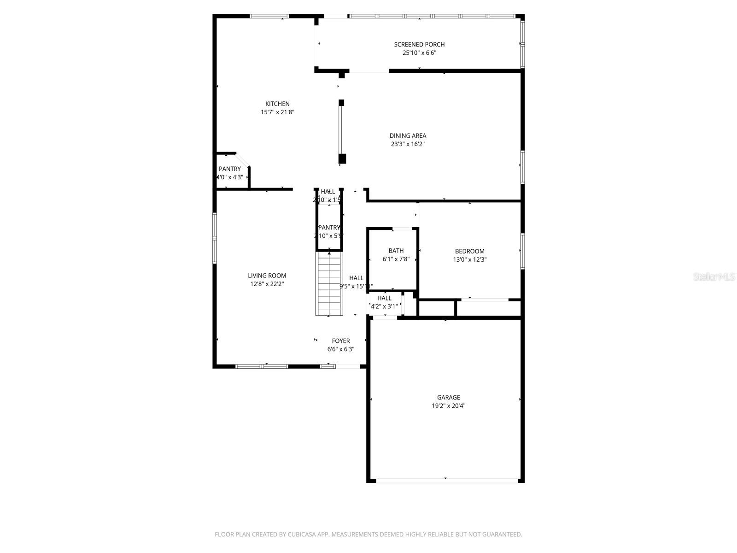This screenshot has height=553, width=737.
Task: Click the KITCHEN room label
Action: click(277, 104)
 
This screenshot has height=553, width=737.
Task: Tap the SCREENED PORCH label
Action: click(419, 44)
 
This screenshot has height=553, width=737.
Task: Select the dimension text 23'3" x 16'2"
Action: click(408, 144)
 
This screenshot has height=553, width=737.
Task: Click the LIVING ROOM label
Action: click(267, 276)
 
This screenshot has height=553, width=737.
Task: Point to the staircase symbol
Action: click(329, 283)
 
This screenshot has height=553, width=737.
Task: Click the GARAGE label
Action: click(449, 397)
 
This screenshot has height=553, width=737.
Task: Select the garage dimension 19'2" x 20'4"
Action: click(449, 406)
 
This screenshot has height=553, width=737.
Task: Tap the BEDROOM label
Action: click(469, 251)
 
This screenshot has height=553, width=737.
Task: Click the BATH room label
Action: click(396, 251)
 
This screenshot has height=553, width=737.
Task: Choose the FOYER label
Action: click(341, 341)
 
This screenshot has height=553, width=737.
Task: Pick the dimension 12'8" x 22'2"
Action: click(267, 284)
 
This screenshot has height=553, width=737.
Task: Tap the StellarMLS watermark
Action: click(714, 277)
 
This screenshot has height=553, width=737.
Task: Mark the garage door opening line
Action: click(446, 481)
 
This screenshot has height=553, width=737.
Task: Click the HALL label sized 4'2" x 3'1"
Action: click(384, 298)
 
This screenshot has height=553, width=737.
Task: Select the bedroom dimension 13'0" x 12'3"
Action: click(469, 259)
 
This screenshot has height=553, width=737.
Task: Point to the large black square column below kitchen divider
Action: click(342, 159)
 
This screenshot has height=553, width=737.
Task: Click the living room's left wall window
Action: click(215, 238)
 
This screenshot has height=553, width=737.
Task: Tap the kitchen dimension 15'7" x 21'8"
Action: click(277, 112)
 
